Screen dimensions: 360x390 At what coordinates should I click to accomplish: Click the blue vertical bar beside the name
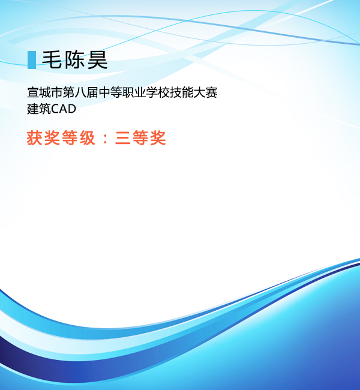[x=32, y=60]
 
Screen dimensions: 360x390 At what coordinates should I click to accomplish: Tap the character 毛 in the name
[x=52, y=59]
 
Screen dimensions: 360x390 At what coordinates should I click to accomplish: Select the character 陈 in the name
[x=74, y=59]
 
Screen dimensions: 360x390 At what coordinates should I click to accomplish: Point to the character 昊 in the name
[x=98, y=59]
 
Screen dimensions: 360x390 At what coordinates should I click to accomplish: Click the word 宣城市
[x=45, y=92]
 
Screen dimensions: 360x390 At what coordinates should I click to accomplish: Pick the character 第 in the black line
[x=68, y=92]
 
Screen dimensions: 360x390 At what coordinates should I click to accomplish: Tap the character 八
[x=80, y=92]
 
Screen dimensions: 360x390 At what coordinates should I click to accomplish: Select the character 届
[x=92, y=92]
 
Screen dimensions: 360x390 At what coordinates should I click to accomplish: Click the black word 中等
[x=110, y=92]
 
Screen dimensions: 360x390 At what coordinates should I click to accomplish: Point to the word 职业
[x=134, y=92]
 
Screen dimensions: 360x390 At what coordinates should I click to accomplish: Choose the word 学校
[x=157, y=92]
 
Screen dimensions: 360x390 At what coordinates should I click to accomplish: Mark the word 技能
[x=181, y=92]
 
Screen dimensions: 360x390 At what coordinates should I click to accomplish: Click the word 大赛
[x=205, y=92]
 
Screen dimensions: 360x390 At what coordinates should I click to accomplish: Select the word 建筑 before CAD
[x=39, y=109]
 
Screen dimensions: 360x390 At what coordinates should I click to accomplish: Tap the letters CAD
[x=64, y=109]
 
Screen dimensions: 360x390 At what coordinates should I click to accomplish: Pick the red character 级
[x=88, y=137]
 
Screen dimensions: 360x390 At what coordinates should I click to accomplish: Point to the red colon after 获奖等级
[x=105, y=139]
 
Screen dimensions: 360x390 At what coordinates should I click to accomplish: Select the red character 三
[x=123, y=138]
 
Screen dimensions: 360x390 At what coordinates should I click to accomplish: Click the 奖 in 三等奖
[x=158, y=137]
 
